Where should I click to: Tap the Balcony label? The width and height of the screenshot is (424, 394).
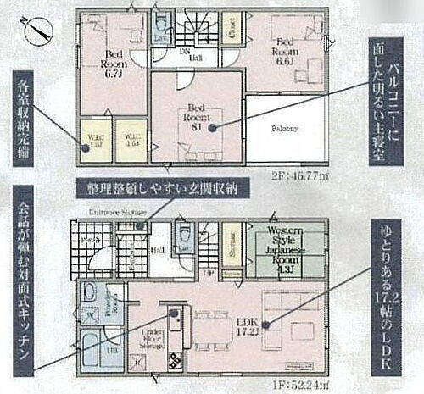tap(285, 129)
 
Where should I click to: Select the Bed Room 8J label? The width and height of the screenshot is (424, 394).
tap(197, 113)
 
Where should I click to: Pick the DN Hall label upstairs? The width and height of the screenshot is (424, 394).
tap(194, 55)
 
